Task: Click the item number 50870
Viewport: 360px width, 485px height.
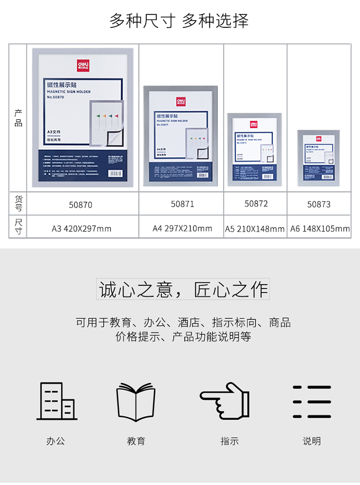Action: tap(81, 205)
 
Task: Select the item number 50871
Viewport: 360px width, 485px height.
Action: tap(182, 204)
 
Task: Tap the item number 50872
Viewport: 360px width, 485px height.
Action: tap(256, 204)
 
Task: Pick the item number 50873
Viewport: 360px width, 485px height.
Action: tap(319, 205)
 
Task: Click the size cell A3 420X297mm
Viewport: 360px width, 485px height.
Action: tap(82, 229)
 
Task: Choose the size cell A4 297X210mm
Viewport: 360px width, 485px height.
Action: tap(182, 228)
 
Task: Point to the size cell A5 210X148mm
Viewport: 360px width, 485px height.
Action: tap(255, 229)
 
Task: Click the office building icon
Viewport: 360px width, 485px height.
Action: tap(56, 401)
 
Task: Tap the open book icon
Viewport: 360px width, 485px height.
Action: tap(136, 402)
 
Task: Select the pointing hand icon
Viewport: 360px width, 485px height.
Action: tap(225, 400)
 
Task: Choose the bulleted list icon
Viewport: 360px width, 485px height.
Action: tap(312, 401)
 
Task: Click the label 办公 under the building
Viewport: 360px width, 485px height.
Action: tap(56, 441)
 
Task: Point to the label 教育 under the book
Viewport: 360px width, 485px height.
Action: tap(136, 441)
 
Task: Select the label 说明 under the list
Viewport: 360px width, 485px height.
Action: tap(312, 441)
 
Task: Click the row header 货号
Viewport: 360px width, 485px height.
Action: tap(18, 204)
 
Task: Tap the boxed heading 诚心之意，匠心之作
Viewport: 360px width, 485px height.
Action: tap(183, 290)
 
